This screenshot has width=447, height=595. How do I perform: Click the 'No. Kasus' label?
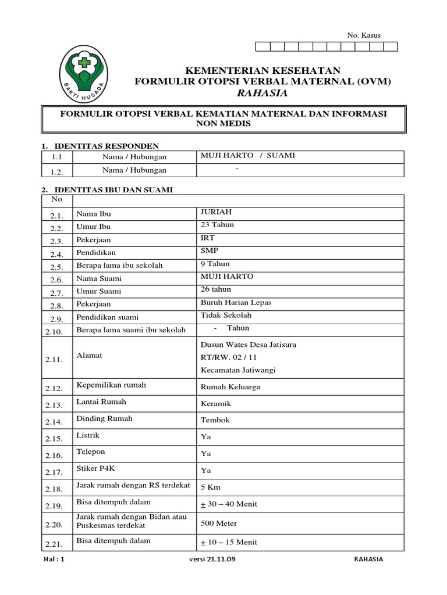(364, 35)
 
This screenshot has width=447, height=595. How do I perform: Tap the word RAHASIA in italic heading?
(263, 93)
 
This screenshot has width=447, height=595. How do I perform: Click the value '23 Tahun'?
(217, 225)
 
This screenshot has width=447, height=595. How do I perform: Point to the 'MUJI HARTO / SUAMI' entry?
(248, 155)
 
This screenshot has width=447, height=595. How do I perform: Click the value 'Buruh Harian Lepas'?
(236, 303)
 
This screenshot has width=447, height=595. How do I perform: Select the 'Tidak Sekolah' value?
(226, 316)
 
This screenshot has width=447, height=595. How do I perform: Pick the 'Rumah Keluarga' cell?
(230, 387)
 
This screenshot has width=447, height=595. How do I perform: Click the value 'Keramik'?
(216, 404)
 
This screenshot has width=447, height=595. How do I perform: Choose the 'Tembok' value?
(215, 420)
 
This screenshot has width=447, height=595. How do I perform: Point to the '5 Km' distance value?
(211, 488)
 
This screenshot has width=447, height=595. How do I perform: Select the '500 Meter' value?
(219, 524)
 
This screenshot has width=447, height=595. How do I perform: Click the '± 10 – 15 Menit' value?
(229, 543)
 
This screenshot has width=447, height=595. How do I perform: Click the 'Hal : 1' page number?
(55, 560)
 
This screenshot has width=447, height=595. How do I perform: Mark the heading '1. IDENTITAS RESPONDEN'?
(100, 146)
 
